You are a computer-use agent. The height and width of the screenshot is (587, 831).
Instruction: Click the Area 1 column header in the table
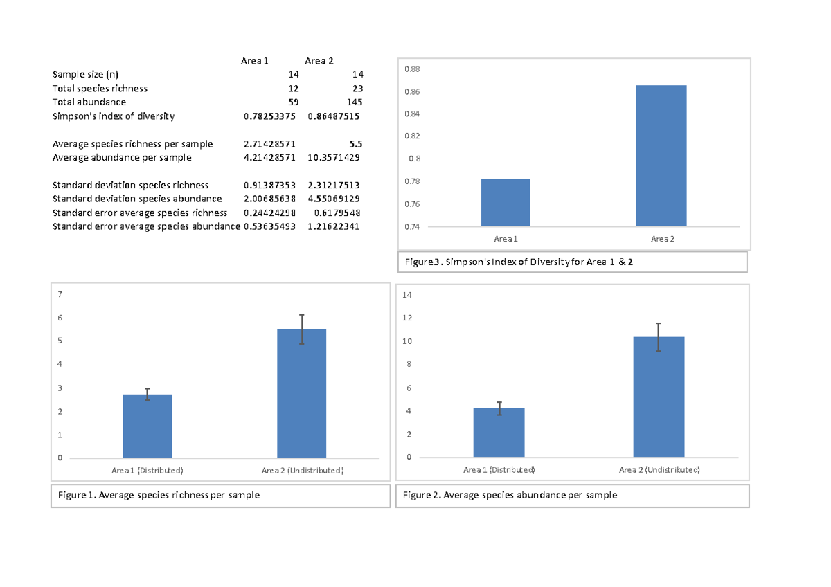click(x=255, y=61)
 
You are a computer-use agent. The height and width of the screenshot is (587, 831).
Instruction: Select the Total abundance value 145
click(x=352, y=102)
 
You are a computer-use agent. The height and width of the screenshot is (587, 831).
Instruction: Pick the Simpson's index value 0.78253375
click(x=269, y=116)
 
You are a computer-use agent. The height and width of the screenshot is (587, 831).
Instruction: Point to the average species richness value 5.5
click(x=355, y=144)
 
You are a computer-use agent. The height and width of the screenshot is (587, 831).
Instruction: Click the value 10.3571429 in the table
click(x=334, y=158)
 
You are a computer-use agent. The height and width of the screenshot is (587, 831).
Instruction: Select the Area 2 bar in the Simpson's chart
click(x=661, y=156)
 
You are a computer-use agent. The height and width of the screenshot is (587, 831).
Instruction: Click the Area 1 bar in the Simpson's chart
click(x=506, y=202)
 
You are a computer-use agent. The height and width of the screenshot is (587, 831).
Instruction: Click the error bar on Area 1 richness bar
click(x=148, y=394)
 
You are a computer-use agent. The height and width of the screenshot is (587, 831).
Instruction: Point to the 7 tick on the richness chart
click(x=60, y=294)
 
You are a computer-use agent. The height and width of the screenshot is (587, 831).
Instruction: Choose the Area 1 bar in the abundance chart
click(x=499, y=433)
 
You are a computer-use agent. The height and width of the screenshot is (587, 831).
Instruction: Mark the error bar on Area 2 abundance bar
click(x=659, y=337)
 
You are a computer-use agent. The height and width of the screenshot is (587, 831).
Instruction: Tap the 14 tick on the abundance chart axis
click(x=407, y=295)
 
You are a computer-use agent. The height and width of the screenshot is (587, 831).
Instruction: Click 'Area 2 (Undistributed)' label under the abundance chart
click(x=659, y=470)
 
